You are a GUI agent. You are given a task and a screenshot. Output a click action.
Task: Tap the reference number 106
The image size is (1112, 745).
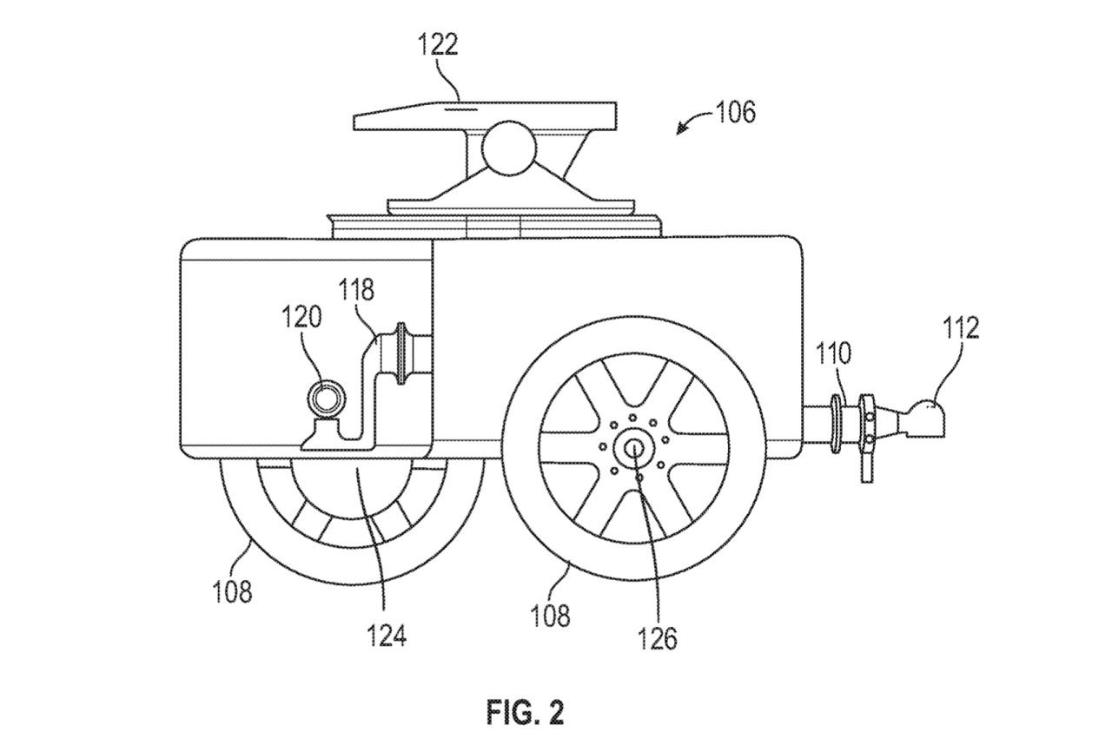pos(736,112)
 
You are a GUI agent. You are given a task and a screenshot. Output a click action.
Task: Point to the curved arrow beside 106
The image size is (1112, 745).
pos(694,122)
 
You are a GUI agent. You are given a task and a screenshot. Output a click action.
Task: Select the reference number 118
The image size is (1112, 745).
pos(356,290)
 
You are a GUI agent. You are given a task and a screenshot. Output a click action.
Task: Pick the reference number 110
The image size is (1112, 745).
pos(833,353)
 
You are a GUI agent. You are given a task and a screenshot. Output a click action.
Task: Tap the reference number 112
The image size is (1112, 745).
pos(961,327)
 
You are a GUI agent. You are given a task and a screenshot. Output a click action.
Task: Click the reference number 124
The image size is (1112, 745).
pos(387,636)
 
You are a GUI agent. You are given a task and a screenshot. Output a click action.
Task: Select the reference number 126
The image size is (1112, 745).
pos(658,639)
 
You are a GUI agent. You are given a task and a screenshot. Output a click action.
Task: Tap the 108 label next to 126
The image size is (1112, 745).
pos(550,616)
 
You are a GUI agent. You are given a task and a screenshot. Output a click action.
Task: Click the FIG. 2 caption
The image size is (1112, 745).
pos(526,713)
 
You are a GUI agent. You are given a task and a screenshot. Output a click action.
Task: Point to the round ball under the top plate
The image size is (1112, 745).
pos(509,148)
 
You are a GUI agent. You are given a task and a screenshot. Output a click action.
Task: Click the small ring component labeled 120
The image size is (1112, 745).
pos(327,399)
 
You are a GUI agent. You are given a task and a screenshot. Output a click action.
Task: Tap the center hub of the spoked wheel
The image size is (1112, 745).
pos(634,448)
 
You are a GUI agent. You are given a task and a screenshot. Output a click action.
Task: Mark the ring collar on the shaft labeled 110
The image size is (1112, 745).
pos(836,423)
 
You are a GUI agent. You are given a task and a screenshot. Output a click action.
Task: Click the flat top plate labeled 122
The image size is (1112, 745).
pos(485,116)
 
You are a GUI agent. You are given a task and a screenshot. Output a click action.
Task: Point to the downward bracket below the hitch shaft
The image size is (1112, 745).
pos(866,464)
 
